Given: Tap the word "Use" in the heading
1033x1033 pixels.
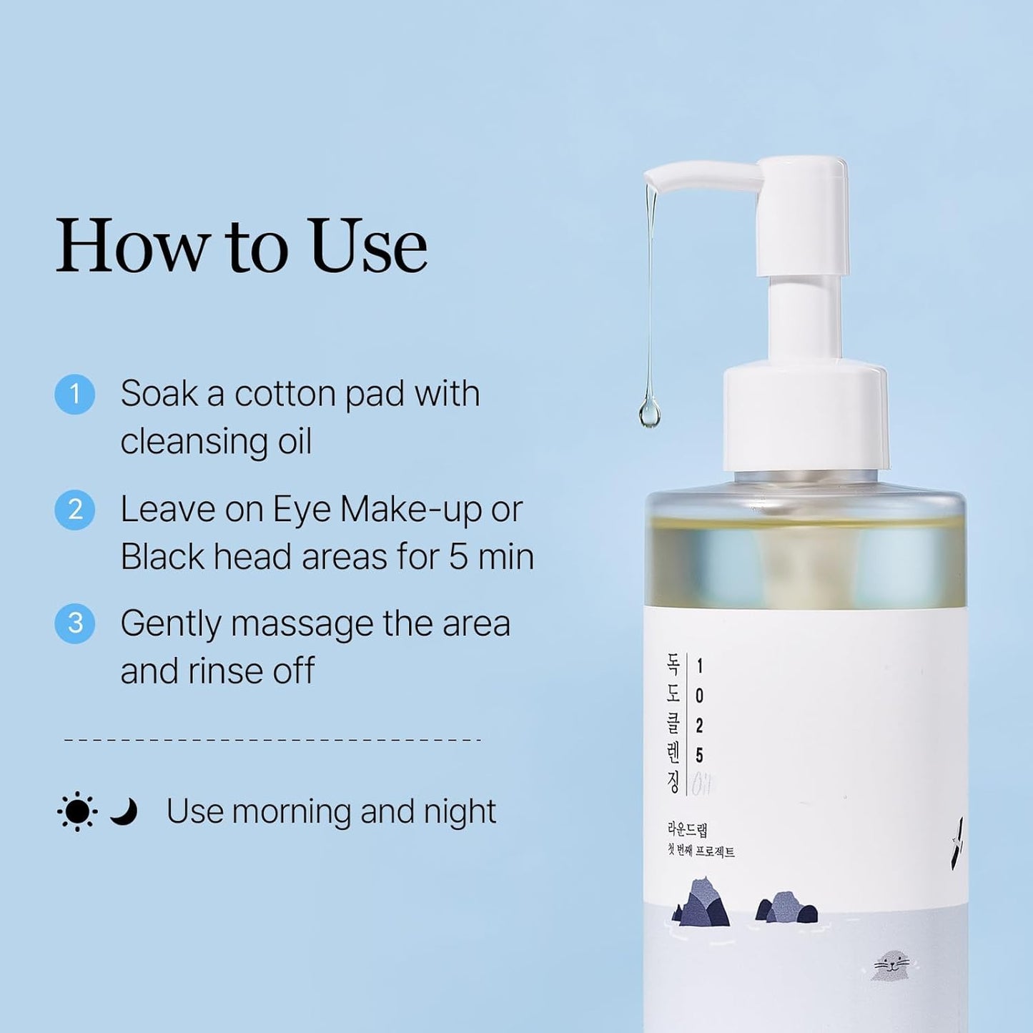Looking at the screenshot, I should tap(368, 246).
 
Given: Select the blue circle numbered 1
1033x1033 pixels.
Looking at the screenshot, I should tap(75, 395).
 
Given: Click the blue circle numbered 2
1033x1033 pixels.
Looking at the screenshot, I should tap(75, 510).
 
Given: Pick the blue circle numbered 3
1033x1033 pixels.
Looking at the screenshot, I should tap(75, 623).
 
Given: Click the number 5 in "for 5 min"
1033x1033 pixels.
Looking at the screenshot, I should tap(458, 557).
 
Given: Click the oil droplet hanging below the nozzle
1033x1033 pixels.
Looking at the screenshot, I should tap(649, 414).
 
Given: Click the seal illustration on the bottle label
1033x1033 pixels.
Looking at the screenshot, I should tap(889, 965).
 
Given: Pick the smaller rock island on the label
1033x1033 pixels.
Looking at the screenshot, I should tap(787, 908).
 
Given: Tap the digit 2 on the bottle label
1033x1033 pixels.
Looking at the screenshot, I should tap(699, 726).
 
